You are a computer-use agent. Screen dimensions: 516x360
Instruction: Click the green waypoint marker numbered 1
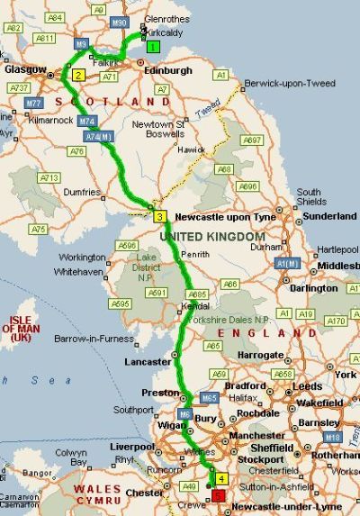coord(154,47)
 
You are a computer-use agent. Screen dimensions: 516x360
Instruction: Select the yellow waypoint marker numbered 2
coord(78,76)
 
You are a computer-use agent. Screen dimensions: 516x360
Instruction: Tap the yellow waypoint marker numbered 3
coord(159,216)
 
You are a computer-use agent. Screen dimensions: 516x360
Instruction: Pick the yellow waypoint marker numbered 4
coord(220,479)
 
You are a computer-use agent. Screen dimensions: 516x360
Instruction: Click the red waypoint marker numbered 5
coord(220,495)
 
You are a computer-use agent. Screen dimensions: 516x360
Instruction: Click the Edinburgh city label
coord(166,70)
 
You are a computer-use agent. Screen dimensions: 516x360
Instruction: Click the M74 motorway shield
coord(87,121)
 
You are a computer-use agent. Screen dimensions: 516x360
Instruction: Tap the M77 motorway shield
coord(34,104)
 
